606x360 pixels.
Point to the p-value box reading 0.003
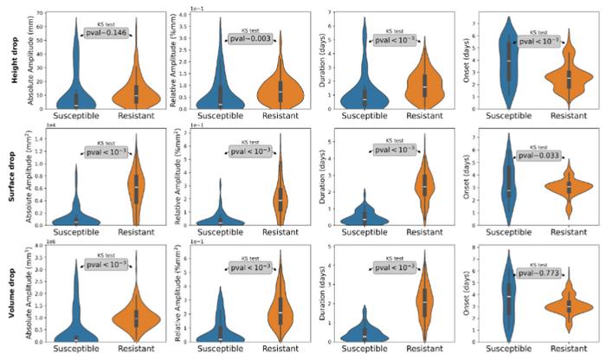tap(251, 39)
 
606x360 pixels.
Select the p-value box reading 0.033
tap(539, 157)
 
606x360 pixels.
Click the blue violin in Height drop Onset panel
tap(509, 65)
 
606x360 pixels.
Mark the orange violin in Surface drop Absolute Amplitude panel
tap(134, 186)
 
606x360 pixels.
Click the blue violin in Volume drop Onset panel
tap(509, 294)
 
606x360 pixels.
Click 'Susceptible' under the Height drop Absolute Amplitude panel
tap(76, 115)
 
